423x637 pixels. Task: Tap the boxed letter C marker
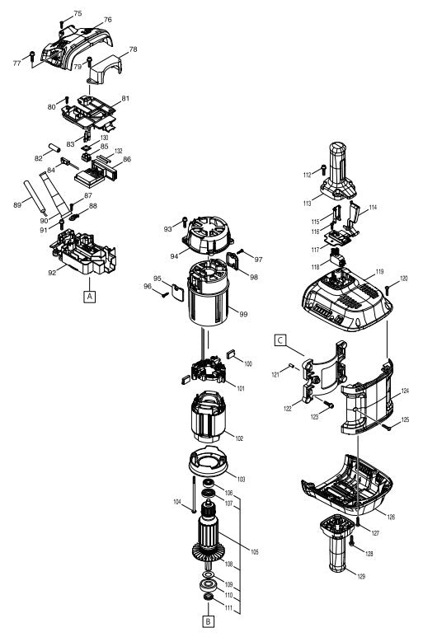tap(281, 338)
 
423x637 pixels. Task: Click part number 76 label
tap(108, 20)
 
